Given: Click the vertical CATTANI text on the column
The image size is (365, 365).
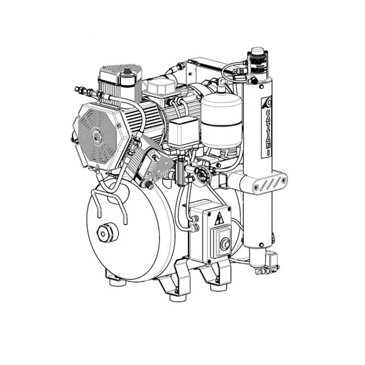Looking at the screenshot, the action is (x=268, y=132).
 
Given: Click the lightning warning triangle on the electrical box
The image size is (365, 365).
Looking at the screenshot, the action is (x=219, y=218).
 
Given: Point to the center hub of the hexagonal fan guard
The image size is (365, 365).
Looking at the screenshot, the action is (x=96, y=136).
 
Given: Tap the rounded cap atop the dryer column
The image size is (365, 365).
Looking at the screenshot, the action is (x=257, y=51).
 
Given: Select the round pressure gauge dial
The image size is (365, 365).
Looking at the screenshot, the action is (x=201, y=173).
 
